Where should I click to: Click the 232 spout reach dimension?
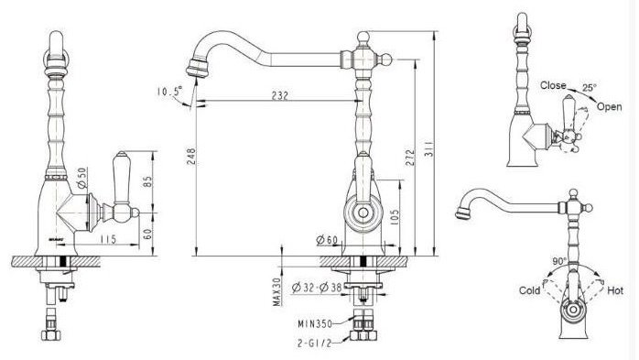(x=280, y=95)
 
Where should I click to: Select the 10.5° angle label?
(x=169, y=91)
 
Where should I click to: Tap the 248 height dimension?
(x=190, y=156)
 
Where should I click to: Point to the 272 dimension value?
(x=409, y=158)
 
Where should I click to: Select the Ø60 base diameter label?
(x=327, y=240)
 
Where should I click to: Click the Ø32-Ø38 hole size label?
(x=317, y=288)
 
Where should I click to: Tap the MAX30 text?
(x=277, y=292)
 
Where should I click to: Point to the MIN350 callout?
(x=315, y=324)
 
